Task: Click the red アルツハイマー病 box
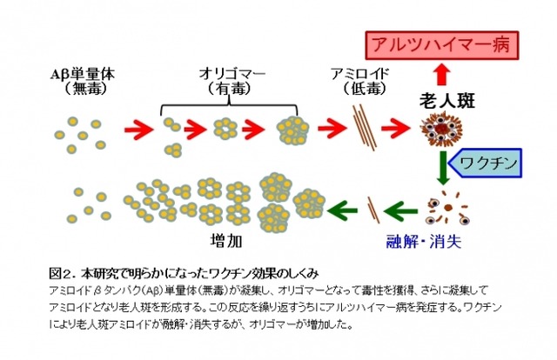point(442,43)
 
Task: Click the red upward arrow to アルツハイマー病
point(442,71)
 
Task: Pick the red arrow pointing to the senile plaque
point(399,130)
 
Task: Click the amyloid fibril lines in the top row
point(363,128)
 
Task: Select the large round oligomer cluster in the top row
point(292,131)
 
